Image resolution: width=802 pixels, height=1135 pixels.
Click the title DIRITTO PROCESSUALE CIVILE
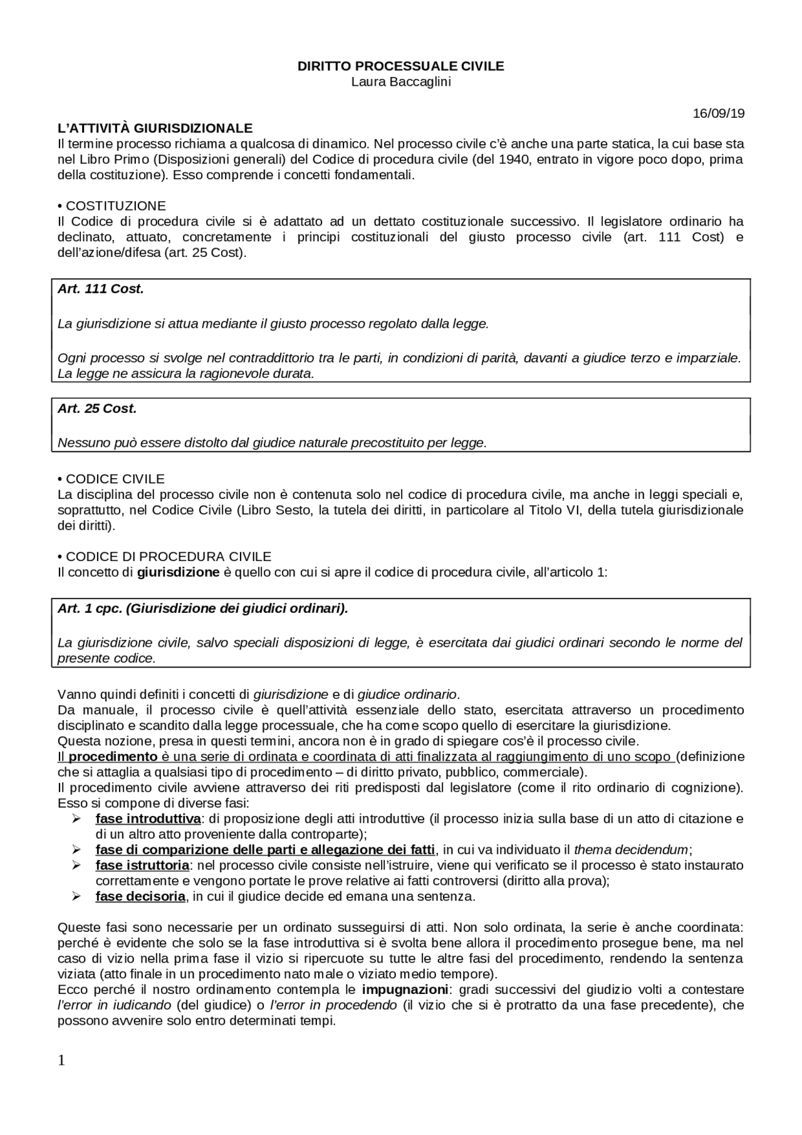pyautogui.click(x=400, y=66)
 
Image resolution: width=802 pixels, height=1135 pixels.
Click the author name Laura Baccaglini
pyautogui.click(x=400, y=82)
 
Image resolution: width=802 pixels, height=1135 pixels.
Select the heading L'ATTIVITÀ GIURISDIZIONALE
pyautogui.click(x=155, y=128)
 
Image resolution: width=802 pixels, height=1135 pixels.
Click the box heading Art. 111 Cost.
pyautogui.click(x=100, y=289)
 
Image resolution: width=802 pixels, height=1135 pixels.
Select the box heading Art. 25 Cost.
pyautogui.click(x=97, y=409)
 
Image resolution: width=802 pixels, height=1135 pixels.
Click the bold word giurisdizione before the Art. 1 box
pyautogui.click(x=178, y=572)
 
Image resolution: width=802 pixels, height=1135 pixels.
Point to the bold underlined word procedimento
pyautogui.click(x=113, y=756)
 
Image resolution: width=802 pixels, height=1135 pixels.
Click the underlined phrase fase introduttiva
pyautogui.click(x=148, y=819)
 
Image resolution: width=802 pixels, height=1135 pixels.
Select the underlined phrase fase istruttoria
pyautogui.click(x=142, y=865)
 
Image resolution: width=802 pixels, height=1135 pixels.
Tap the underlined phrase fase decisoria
pyautogui.click(x=140, y=896)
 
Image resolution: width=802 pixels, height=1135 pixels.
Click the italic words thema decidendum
pyautogui.click(x=631, y=850)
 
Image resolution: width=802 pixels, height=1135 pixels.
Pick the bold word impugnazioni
pyautogui.click(x=405, y=990)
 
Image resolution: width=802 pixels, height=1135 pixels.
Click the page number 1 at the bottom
pyautogui.click(x=61, y=1060)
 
